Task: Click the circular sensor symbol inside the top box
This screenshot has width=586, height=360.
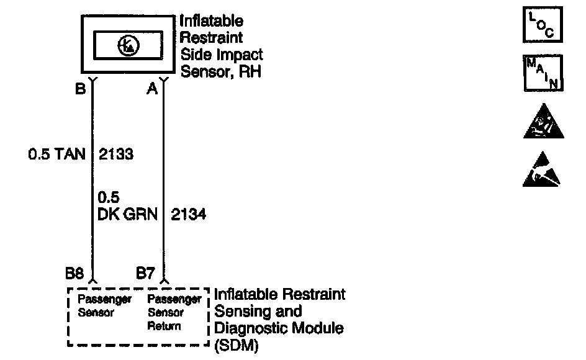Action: (x=128, y=45)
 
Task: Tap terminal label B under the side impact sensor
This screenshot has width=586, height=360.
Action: (x=80, y=89)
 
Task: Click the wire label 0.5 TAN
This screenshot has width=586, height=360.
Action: (x=56, y=154)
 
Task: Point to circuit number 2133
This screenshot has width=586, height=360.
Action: (x=116, y=154)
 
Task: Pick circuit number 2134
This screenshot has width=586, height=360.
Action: (x=189, y=215)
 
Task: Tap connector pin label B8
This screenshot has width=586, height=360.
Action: (x=74, y=272)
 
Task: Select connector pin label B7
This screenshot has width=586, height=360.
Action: (x=145, y=272)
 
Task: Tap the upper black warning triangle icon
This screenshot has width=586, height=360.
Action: (x=544, y=122)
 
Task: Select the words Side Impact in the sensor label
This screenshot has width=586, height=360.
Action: (x=222, y=55)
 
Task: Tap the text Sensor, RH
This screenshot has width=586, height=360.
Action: (x=220, y=71)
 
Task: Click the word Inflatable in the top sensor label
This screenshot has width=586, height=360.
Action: (x=212, y=22)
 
